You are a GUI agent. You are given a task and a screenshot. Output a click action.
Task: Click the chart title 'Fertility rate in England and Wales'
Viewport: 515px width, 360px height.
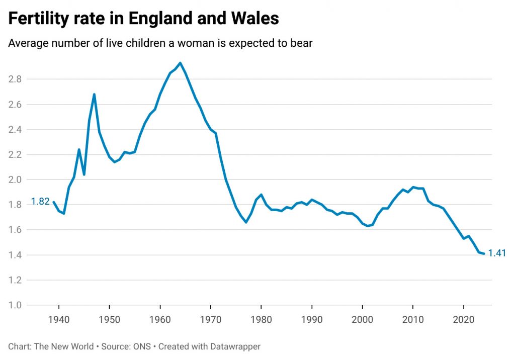[143, 19]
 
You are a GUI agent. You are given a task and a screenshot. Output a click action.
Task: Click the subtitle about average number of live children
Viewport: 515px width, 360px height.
[160, 43]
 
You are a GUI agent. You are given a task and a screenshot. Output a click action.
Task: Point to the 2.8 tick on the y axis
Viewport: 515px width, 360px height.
[15, 79]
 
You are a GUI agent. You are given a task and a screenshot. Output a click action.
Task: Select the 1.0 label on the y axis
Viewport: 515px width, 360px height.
[15, 305]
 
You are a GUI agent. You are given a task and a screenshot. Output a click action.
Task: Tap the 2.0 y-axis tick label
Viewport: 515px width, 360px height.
[15, 179]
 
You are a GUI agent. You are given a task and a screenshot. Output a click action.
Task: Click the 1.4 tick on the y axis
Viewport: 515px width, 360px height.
[15, 255]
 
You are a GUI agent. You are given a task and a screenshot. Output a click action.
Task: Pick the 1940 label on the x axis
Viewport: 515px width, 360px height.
[59, 320]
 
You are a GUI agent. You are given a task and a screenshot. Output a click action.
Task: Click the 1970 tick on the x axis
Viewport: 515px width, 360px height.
[211, 320]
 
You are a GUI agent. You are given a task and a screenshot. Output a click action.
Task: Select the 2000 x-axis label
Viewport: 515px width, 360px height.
[362, 320]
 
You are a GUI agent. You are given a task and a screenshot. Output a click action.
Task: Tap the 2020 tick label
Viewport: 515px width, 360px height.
[463, 320]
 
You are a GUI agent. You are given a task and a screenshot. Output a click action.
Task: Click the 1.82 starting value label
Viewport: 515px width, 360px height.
[40, 202]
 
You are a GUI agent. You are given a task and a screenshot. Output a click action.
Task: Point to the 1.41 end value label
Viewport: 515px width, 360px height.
[497, 253]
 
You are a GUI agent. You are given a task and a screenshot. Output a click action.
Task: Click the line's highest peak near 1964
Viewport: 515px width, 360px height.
[180, 63]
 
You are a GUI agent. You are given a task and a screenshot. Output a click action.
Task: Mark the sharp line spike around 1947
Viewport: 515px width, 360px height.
[94, 94]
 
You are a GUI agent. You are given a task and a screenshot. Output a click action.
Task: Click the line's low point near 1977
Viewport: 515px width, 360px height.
[246, 222]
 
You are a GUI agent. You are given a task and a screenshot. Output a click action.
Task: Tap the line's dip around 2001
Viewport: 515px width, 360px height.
[367, 226]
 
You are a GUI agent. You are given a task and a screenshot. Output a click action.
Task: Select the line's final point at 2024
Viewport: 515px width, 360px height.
[484, 253]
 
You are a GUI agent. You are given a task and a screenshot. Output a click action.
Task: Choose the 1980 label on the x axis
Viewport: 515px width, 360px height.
[261, 320]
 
